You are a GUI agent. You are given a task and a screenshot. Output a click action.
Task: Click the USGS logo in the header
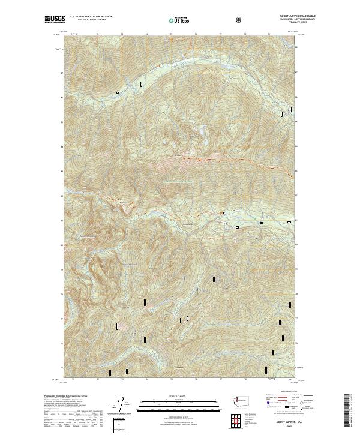pyautogui.click(x=54, y=19)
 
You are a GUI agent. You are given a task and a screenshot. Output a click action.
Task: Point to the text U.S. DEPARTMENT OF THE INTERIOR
pyautogui.click(x=91, y=16)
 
